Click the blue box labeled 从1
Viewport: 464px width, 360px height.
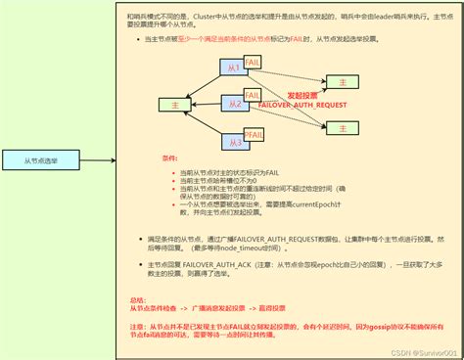pos(233,68)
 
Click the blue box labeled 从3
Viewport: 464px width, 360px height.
pos(233,142)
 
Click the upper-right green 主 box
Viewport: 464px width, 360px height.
pos(343,80)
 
